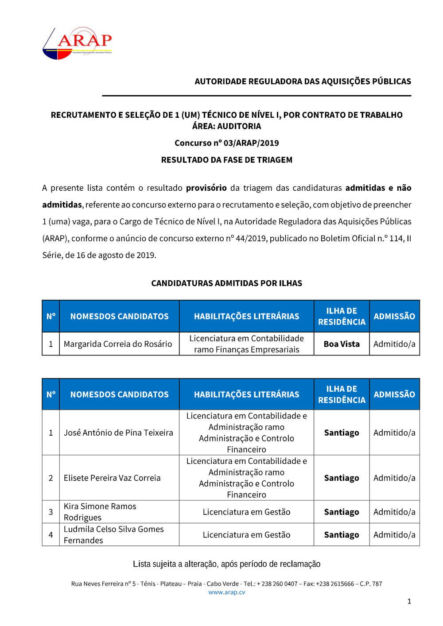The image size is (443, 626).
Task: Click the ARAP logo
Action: [x=78, y=43]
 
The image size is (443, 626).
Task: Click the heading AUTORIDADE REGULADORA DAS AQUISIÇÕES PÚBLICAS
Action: [x=303, y=81]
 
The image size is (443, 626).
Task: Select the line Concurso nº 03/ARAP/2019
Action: [x=226, y=143]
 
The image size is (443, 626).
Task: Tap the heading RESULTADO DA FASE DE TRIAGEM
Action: [x=226, y=160]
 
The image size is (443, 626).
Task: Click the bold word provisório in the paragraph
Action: [x=206, y=188]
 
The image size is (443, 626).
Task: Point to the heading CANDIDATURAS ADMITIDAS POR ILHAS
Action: [x=226, y=283]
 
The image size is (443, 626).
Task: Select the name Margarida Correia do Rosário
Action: [x=118, y=344]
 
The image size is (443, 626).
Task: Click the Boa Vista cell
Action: [x=342, y=344]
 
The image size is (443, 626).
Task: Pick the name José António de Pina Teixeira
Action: [x=118, y=433]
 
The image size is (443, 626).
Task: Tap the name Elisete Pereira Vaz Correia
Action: [x=112, y=478]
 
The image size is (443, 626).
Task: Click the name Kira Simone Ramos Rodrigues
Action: [x=100, y=512]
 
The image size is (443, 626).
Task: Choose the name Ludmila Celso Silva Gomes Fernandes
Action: [x=113, y=535]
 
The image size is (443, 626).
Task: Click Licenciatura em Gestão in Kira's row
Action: [x=246, y=512]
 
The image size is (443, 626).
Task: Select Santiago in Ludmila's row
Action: [x=342, y=535]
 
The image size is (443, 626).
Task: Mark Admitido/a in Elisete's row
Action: [x=394, y=478]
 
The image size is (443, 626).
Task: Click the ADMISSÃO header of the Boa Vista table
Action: [x=394, y=317]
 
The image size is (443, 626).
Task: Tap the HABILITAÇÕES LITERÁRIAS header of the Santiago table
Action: [x=246, y=394]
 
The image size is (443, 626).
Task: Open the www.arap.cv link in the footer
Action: [x=226, y=592]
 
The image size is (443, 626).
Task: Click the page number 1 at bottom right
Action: [x=409, y=601]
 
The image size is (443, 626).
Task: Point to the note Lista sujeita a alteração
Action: [x=226, y=564]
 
